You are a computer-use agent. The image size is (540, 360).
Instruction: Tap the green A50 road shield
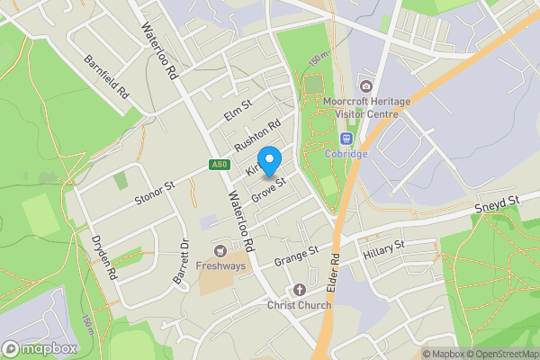pyautogui.click(x=219, y=164)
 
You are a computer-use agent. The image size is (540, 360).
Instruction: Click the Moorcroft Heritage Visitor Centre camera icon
pyautogui.click(x=364, y=86)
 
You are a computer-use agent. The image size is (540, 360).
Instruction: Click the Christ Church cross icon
pyautogui.click(x=300, y=290)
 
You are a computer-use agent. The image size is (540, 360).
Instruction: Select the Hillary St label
pyautogui.click(x=384, y=251)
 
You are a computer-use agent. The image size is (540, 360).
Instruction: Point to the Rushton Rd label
pyautogui.click(x=257, y=136)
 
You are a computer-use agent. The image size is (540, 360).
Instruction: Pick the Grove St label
pyautogui.click(x=268, y=190)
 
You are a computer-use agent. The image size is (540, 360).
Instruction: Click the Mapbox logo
pyautogui.click(x=39, y=348)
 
